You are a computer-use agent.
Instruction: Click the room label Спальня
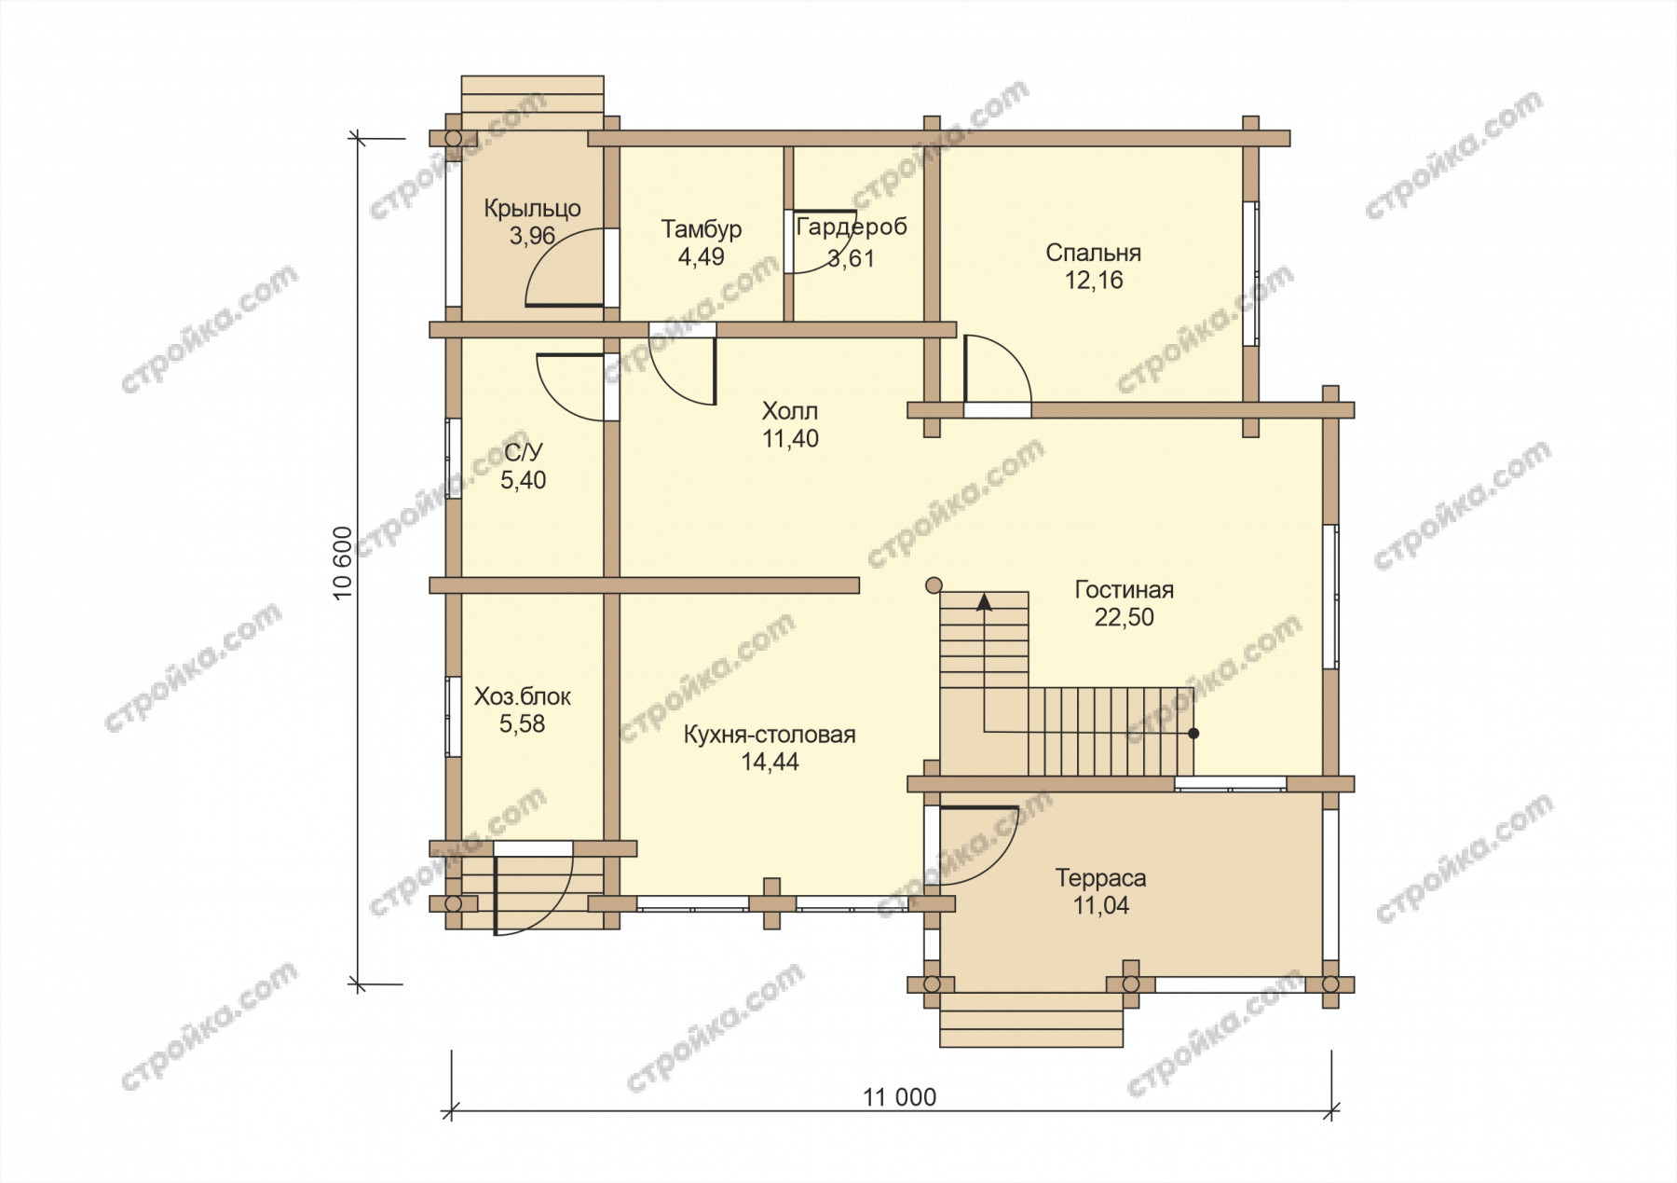tap(1093, 253)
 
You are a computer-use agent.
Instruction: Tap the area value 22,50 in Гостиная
tap(1124, 617)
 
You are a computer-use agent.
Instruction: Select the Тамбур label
tap(701, 229)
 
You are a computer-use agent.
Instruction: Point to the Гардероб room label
tap(852, 227)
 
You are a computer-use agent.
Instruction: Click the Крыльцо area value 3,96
tap(532, 236)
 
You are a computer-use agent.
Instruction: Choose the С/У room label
tap(523, 453)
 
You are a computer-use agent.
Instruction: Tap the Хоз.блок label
tap(523, 696)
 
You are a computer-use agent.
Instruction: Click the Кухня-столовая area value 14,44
tap(770, 762)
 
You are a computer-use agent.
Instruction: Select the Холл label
tap(790, 411)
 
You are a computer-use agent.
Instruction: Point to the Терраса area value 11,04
tap(1100, 905)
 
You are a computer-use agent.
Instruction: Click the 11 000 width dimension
tap(899, 1097)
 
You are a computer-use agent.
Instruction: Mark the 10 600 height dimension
tap(344, 563)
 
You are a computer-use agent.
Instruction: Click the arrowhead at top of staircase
tap(984, 601)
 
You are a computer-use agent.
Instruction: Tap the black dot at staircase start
tap(1193, 734)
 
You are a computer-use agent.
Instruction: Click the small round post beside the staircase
tap(934, 585)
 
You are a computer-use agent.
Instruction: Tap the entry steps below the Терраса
tap(1031, 1020)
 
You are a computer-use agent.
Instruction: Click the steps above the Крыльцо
tap(533, 103)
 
